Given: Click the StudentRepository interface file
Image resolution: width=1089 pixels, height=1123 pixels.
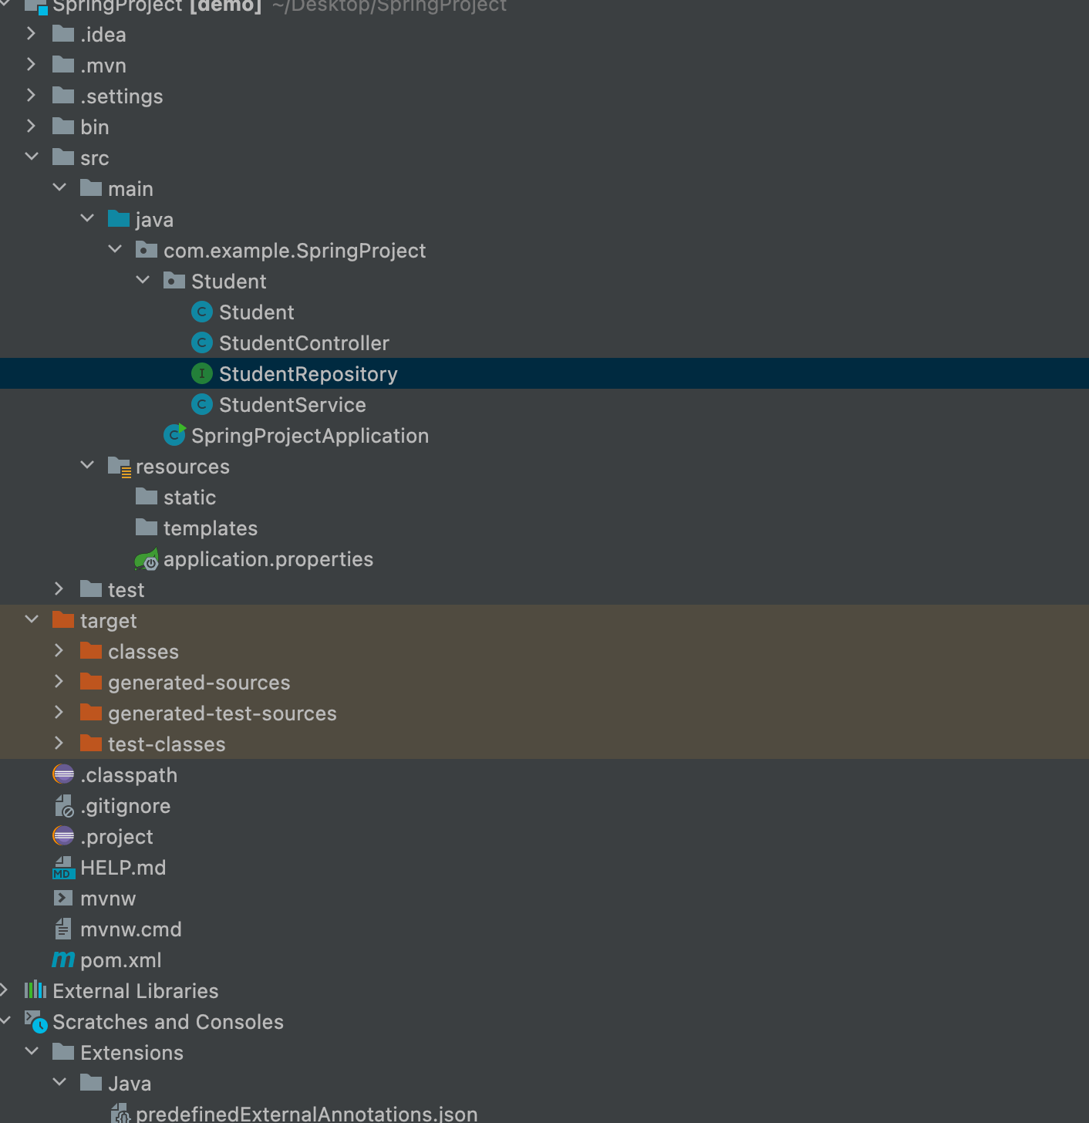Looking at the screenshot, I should click(x=308, y=374).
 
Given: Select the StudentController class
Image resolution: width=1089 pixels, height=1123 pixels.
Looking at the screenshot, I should click(x=303, y=343).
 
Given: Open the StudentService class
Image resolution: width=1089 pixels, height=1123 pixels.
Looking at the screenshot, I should click(x=292, y=405).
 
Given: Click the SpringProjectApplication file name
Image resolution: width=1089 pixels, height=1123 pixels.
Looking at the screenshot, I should click(x=309, y=436).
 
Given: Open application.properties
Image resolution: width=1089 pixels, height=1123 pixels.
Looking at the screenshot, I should click(x=268, y=559).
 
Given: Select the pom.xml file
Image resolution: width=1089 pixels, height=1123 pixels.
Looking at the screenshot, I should click(x=120, y=960).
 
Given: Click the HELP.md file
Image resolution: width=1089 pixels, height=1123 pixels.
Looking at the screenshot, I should click(x=123, y=868).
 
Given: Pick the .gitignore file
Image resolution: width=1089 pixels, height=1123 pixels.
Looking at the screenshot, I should click(x=125, y=806).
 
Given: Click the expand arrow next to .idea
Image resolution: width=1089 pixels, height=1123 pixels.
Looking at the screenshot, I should click(x=31, y=34).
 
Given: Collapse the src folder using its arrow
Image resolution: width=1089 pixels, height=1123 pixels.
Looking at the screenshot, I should click(x=32, y=157).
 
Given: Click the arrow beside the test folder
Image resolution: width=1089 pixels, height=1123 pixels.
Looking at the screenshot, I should click(x=59, y=589).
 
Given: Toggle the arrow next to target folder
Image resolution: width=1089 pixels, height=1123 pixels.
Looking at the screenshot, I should click(x=32, y=619).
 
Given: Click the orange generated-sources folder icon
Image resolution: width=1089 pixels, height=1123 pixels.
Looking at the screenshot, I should click(x=91, y=682).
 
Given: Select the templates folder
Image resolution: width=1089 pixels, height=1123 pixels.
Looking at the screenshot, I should click(x=210, y=528).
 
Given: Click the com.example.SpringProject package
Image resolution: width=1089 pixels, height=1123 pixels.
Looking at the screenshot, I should click(x=294, y=251).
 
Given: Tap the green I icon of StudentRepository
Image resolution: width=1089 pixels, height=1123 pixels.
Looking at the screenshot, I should click(x=201, y=374).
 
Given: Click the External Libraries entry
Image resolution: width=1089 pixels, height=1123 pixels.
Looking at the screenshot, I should click(x=135, y=991).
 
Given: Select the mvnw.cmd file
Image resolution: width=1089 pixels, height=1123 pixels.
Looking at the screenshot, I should click(x=130, y=929).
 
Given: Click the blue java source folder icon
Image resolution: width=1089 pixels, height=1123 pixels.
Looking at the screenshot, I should click(x=119, y=219).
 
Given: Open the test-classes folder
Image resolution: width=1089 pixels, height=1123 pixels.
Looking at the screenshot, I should click(x=166, y=744).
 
